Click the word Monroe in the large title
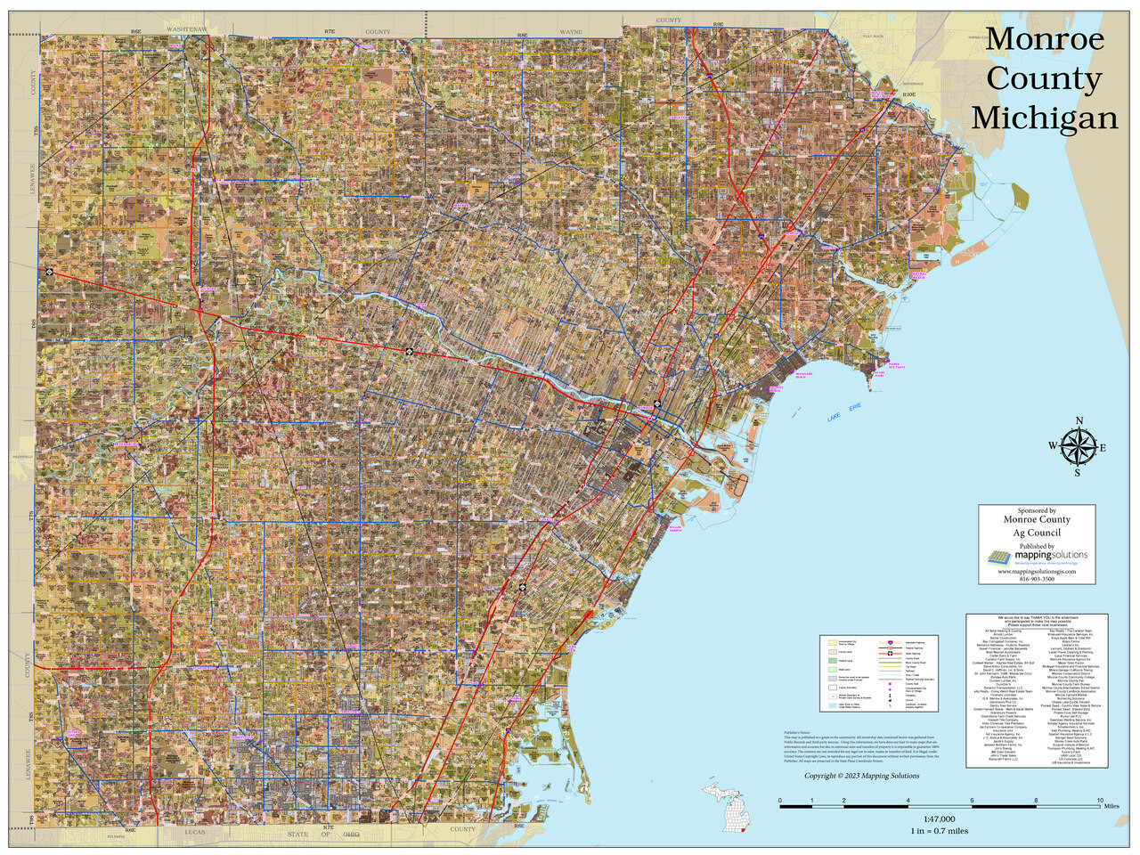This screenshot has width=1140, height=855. [1045, 39]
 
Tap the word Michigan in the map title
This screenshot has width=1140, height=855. [1044, 118]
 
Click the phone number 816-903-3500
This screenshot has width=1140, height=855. [1037, 579]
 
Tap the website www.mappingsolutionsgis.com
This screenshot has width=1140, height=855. [1037, 571]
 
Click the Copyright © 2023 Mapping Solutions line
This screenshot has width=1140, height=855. [861, 776]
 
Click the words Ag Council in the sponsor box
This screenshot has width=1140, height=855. [1037, 533]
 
